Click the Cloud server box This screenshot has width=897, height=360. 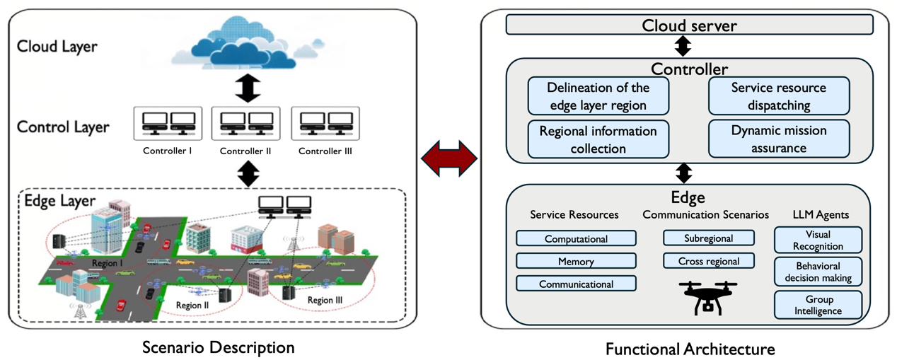(x=689, y=25)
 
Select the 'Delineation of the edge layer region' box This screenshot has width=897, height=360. (x=598, y=97)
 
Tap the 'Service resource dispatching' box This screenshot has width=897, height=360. (x=778, y=97)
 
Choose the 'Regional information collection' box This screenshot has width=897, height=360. (x=598, y=139)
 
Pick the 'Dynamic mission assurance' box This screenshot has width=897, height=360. (x=778, y=139)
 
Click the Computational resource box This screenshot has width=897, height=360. (x=576, y=239)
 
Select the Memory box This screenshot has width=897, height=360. (x=576, y=262)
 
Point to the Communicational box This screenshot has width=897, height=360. (x=576, y=284)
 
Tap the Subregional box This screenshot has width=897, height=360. (x=708, y=238)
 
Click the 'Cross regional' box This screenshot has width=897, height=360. (x=708, y=261)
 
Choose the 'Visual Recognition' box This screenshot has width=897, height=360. (x=818, y=240)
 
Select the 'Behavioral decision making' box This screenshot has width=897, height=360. (x=818, y=272)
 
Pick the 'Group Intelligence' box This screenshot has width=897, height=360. (x=818, y=305)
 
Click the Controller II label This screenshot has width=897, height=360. (x=245, y=151)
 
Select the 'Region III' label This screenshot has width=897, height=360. (x=325, y=301)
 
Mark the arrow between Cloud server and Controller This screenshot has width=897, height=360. (x=683, y=47)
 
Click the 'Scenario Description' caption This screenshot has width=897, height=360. (x=218, y=347)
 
